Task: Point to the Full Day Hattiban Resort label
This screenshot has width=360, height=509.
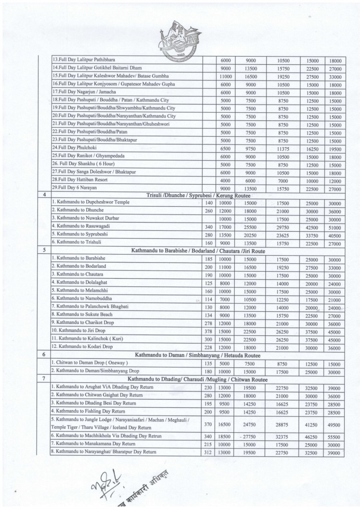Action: point(80,179)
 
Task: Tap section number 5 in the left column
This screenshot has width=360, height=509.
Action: point(45,249)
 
